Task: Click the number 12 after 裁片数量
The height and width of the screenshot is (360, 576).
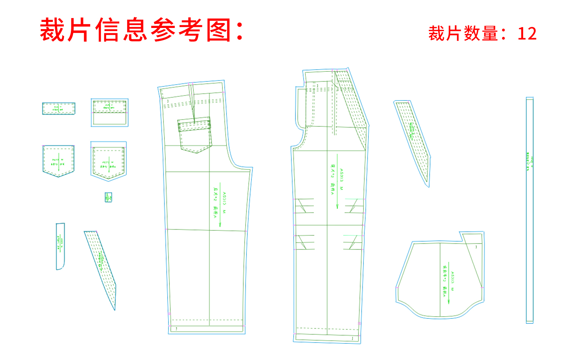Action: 527,34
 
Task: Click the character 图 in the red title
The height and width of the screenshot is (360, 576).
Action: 219,30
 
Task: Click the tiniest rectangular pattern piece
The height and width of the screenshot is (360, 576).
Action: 108,197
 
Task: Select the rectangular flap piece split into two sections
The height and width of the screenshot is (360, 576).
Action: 109,112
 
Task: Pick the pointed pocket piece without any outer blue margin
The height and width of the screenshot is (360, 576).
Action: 59,161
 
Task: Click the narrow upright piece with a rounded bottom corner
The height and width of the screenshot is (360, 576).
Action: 60,246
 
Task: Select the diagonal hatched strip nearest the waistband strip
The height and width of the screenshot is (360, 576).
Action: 412,140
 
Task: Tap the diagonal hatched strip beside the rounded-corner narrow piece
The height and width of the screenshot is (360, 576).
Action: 100,264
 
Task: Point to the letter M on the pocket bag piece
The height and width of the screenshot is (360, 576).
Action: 452,289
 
